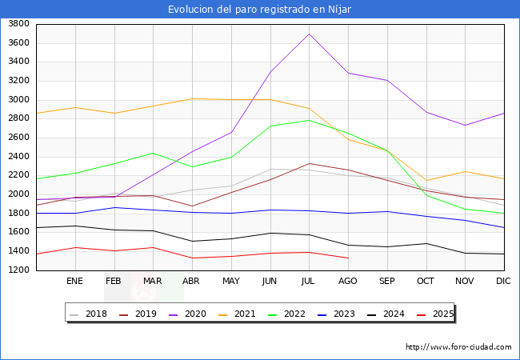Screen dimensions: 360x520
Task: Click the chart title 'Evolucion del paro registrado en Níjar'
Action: coord(259,9)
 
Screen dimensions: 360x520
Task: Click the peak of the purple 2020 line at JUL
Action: coord(309,34)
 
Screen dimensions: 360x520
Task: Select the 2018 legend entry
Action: coord(90,314)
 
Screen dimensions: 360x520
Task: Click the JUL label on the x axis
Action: coord(309,281)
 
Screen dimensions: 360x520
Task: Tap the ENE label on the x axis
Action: coord(74,281)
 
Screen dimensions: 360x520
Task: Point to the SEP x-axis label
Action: coord(387,281)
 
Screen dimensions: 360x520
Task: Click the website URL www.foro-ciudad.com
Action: coord(458,347)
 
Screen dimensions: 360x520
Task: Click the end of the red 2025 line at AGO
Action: coord(348,258)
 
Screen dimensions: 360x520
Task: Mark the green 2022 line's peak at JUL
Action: coord(309,120)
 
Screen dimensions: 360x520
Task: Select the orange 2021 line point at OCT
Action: coord(426,180)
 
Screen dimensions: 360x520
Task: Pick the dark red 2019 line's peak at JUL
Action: coord(309,163)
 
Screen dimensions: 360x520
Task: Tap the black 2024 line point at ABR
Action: coord(192,241)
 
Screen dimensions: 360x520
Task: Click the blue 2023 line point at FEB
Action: coord(114,207)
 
